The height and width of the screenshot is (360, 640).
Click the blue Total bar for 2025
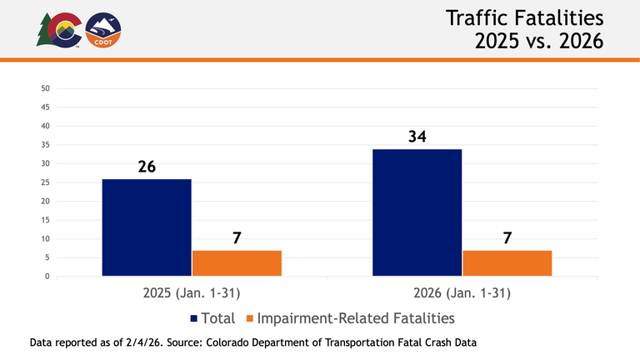147,227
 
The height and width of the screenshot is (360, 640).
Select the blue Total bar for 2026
417,212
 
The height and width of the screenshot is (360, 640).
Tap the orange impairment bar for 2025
237,262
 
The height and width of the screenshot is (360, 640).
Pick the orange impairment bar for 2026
507,262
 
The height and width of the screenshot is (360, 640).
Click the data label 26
147,167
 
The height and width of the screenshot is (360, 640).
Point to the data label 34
417,136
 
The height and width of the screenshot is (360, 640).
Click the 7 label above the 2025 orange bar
237,237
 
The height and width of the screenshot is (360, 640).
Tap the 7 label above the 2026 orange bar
507,237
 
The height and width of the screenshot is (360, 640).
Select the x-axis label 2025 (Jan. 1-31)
192,293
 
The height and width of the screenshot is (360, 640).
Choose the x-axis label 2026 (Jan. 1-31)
462,293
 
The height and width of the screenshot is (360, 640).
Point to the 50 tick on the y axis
46,88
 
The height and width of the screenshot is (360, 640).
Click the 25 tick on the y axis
46,182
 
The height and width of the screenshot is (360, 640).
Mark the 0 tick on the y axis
47,277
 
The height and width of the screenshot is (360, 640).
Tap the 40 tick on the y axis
46,126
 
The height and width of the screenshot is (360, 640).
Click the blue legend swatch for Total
194,318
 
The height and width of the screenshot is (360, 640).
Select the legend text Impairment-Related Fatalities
356,318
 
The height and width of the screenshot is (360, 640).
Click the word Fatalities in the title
557,18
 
